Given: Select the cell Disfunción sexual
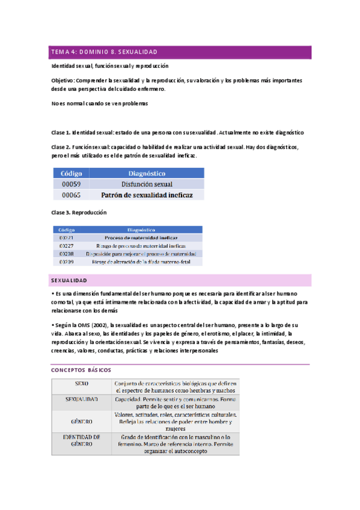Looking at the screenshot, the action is tap(146, 184).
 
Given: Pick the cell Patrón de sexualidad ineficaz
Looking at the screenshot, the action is tap(147, 195).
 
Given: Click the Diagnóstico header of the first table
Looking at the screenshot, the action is tap(146, 173).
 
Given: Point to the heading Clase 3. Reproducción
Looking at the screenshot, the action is tap(79, 212).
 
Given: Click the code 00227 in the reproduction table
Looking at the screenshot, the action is tap(67, 246).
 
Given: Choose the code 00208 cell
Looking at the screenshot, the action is tap(67, 254).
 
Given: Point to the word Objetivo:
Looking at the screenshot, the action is tap(63, 80).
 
